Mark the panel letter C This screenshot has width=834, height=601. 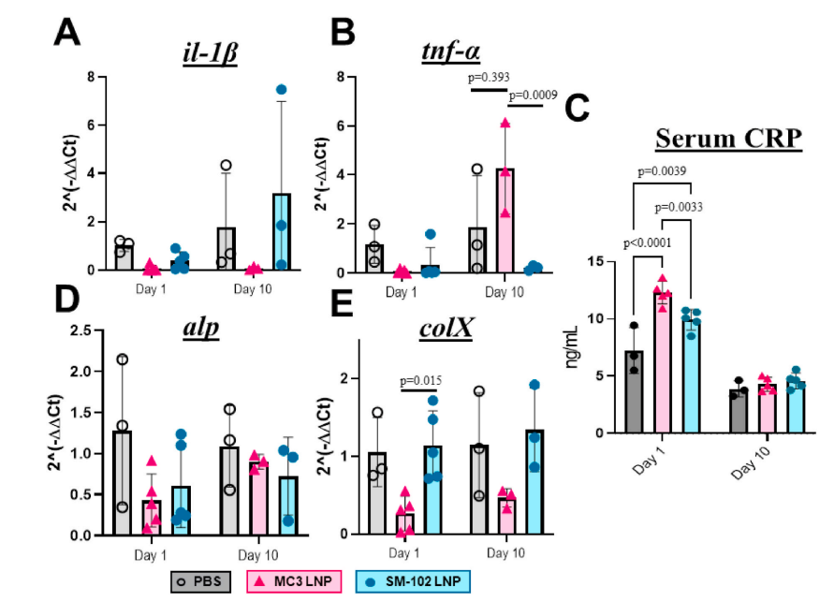tap(578, 110)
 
